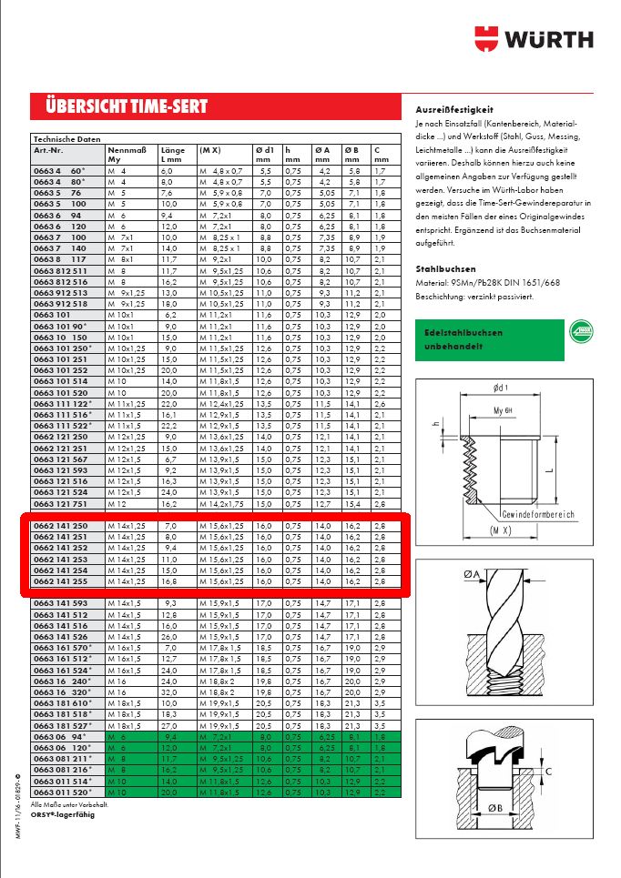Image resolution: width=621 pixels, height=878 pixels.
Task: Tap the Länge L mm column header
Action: (173, 154)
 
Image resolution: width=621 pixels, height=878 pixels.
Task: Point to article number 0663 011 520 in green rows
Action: (61, 792)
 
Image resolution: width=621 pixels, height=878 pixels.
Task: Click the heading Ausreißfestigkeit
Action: (453, 109)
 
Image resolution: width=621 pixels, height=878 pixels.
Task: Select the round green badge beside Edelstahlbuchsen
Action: (581, 333)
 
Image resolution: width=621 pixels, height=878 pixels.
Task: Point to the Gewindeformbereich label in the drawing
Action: (537, 514)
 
